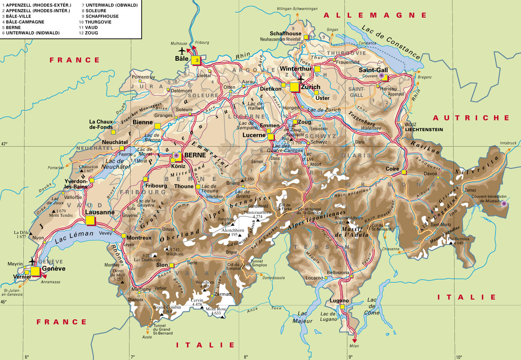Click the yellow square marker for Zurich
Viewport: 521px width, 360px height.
tap(294, 87)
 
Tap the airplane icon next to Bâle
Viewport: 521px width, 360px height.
tap(183, 51)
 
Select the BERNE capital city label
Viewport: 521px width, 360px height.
tap(195, 155)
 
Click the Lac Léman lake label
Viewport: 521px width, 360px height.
tap(74, 237)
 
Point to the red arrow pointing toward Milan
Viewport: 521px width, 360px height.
tap(355, 340)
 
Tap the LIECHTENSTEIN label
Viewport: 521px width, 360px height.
tap(424, 130)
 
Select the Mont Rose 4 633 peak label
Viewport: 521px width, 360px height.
tap(216, 311)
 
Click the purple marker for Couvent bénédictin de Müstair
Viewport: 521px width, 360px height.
tap(504, 204)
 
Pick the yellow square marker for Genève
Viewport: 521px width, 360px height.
tap(35, 271)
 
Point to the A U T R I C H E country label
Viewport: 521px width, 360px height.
tap(471, 118)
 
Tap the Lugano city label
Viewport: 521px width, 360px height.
tap(339, 301)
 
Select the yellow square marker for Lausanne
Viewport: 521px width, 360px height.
tap(90, 220)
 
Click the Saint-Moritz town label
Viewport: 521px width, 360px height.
tap(441, 225)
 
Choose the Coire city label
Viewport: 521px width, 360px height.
tap(392, 169)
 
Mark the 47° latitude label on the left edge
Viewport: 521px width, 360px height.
tap(4, 144)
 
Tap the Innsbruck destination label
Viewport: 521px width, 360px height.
tap(508, 143)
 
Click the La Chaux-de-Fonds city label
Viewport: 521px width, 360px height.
tap(101, 124)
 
